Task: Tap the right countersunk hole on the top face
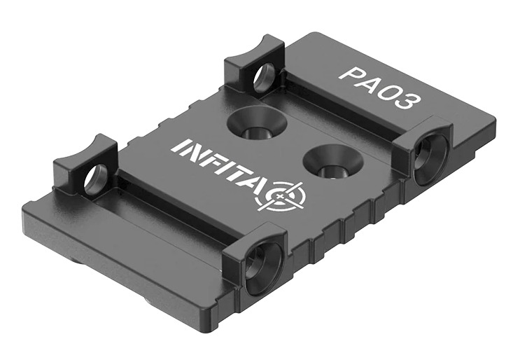click(333, 163)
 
